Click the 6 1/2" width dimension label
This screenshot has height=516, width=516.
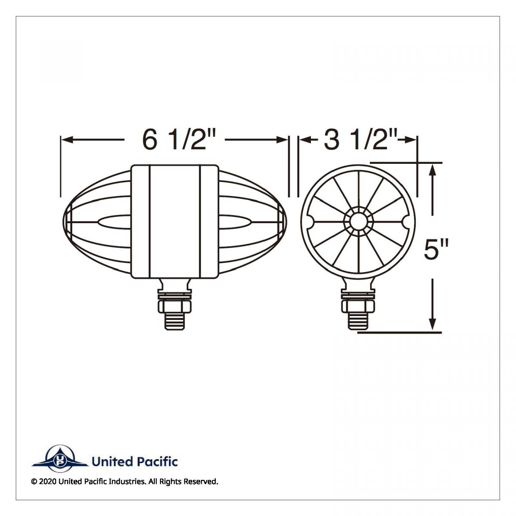click(179, 140)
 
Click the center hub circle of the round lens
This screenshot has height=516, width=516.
click(358, 221)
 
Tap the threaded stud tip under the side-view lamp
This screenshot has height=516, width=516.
click(175, 321)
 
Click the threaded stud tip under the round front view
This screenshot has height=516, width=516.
click(358, 321)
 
